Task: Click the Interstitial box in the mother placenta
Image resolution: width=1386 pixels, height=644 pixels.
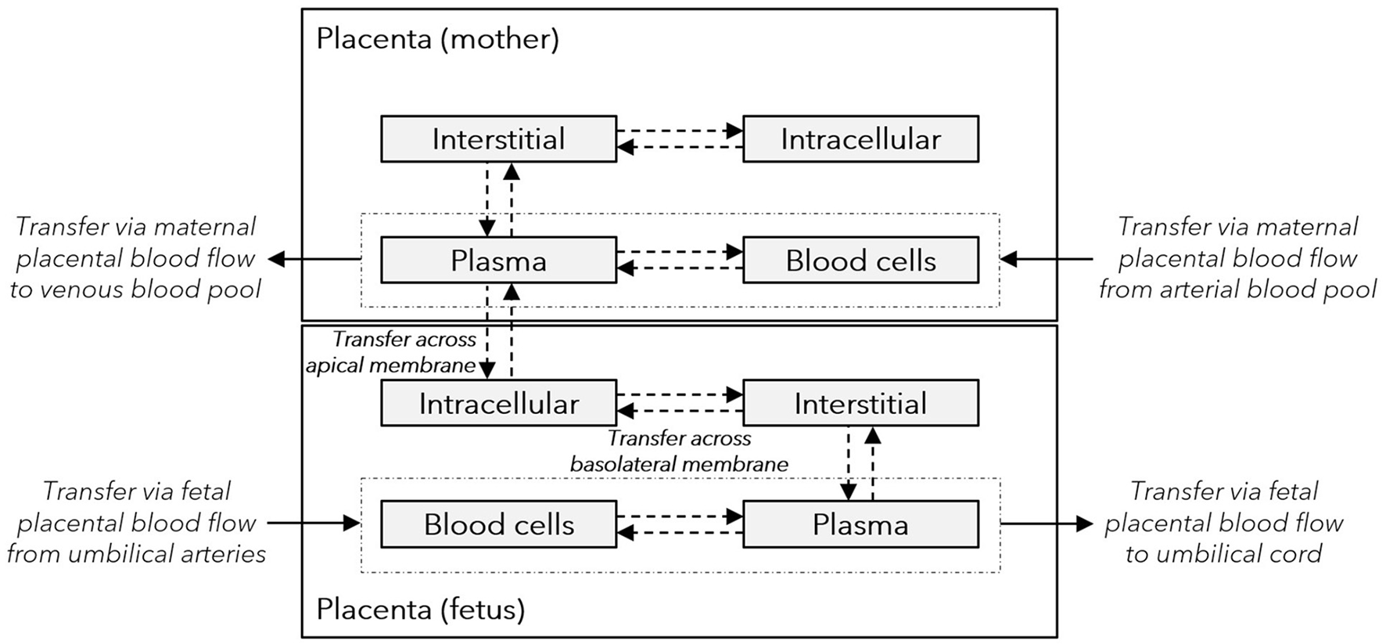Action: pos(498,139)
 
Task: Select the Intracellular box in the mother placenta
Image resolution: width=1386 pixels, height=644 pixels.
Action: pos(860,139)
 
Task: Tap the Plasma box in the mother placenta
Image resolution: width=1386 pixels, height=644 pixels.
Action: pos(498,261)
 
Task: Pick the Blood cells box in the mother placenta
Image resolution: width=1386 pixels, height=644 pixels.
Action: pos(860,261)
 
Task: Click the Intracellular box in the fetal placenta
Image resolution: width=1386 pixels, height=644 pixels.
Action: pos(498,404)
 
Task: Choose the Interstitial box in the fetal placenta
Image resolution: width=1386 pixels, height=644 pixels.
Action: pos(860,404)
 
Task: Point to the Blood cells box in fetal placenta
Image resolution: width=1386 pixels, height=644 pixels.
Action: pos(498,524)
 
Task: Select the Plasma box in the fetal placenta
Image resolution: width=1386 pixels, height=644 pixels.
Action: pos(860,524)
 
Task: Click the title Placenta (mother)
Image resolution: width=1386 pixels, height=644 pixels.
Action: pos(437,38)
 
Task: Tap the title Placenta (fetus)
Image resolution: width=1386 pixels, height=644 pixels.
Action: pos(420,608)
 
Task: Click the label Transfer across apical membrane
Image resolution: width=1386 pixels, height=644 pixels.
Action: pos(391,352)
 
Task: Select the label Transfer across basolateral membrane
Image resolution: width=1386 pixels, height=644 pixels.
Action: pos(679,452)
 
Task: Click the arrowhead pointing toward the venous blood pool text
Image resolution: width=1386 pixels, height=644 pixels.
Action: pos(276,259)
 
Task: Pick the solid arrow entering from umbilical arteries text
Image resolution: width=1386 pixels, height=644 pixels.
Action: pos(313,523)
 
